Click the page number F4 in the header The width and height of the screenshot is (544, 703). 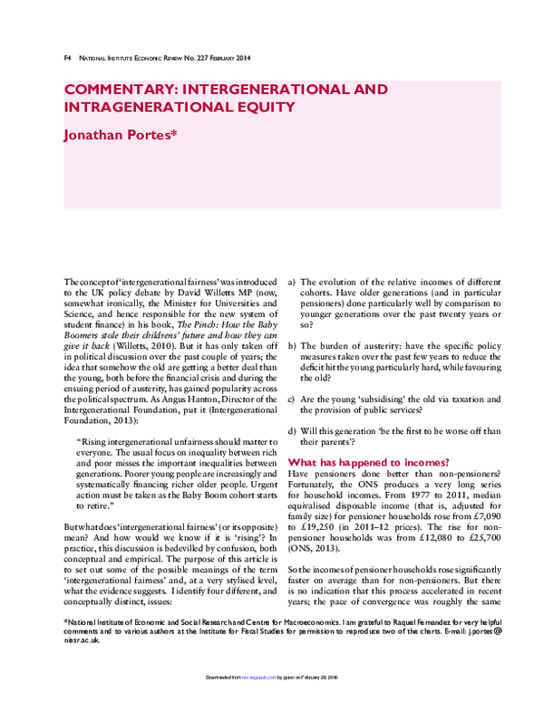(68, 58)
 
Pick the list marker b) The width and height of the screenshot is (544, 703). (291, 346)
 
